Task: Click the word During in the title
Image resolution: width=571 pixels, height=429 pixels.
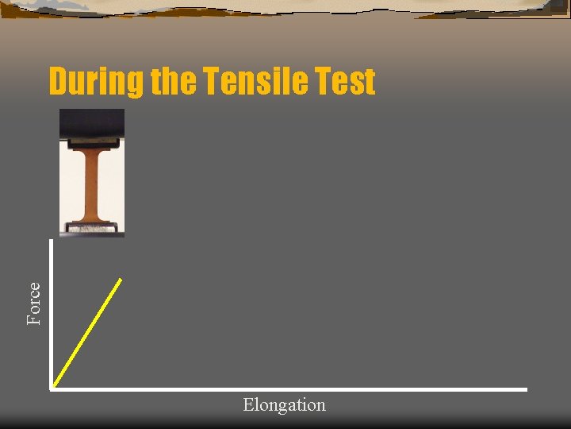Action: click(94, 83)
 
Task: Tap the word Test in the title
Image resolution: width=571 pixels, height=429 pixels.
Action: click(346, 83)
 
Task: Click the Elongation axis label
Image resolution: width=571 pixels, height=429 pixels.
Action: click(284, 405)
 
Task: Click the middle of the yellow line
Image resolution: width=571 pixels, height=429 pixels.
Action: click(86, 334)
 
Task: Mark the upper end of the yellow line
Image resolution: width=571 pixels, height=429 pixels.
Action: click(121, 279)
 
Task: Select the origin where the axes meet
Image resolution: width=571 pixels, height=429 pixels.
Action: click(51, 388)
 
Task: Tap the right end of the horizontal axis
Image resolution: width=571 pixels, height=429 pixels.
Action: click(525, 389)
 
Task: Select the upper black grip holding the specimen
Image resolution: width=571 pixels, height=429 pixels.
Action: click(92, 125)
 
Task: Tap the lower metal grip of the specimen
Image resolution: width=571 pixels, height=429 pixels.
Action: click(92, 229)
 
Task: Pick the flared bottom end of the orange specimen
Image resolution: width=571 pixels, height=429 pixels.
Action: click(92, 218)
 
